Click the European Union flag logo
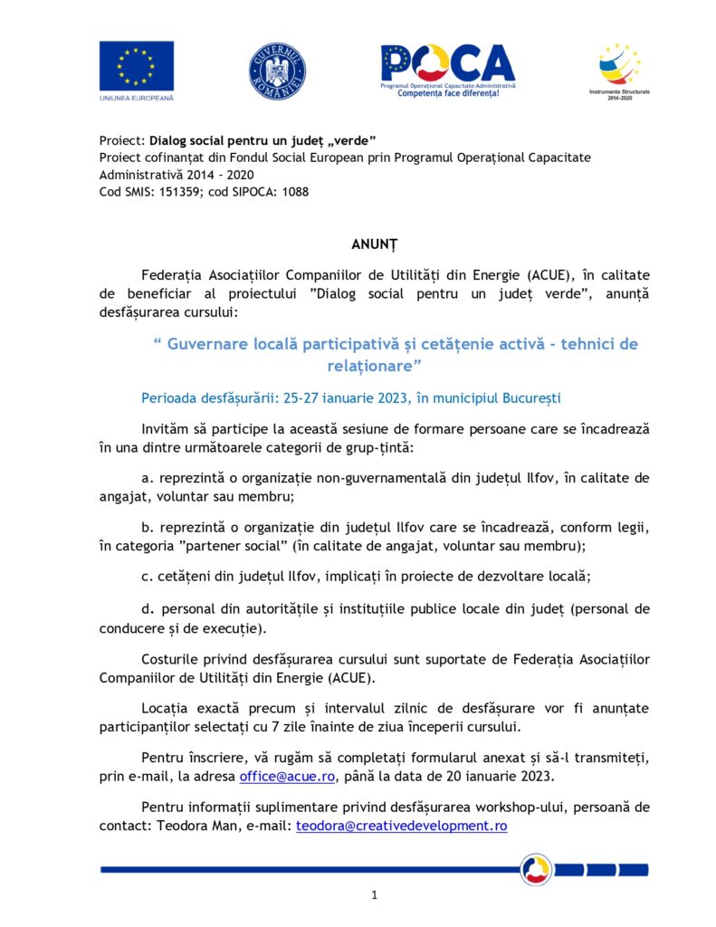(x=136, y=65)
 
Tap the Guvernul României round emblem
(x=277, y=71)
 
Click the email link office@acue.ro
(x=288, y=777)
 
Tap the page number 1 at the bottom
(x=374, y=895)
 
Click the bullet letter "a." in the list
(x=148, y=477)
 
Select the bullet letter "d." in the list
(x=148, y=609)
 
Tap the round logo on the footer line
(x=536, y=870)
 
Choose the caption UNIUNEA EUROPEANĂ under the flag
(x=136, y=97)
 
